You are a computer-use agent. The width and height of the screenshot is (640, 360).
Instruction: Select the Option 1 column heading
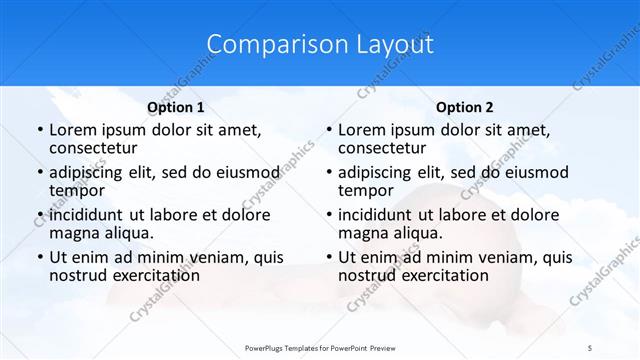click(x=176, y=107)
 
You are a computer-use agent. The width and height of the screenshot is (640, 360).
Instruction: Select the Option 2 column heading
click(x=465, y=107)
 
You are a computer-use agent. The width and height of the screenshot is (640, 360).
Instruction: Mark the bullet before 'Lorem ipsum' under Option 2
click(x=328, y=131)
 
